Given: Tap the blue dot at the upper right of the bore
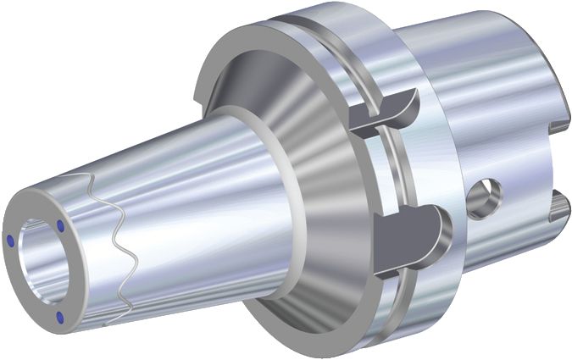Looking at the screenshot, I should [63, 225].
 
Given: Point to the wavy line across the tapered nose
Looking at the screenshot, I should [112, 246].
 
